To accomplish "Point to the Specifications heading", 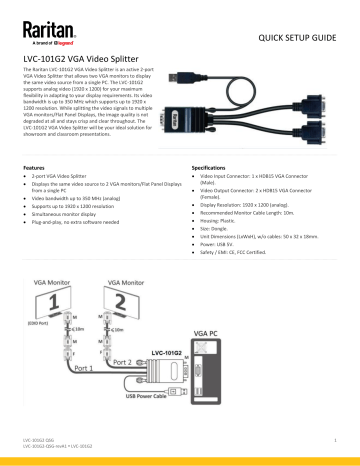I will pos(211,167).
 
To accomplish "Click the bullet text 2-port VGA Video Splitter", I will pos(69,177).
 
